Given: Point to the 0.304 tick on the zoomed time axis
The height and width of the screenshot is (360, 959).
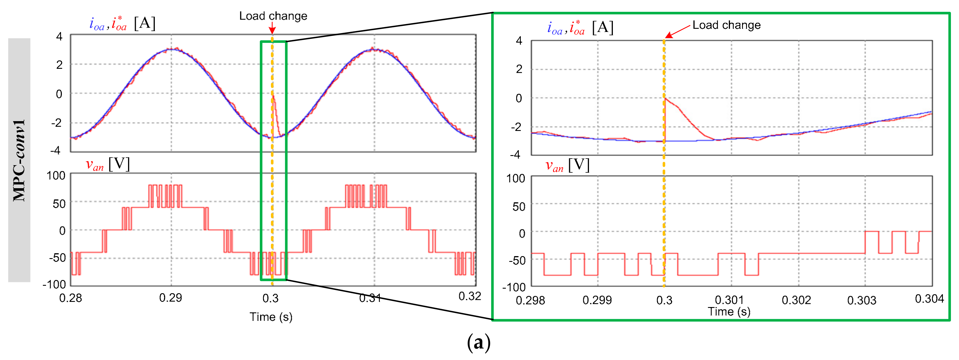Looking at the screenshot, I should pyautogui.click(x=929, y=299).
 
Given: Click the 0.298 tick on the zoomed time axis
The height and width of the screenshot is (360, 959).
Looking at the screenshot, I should pyautogui.click(x=530, y=300).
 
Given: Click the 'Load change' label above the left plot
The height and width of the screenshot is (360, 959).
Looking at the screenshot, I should pyautogui.click(x=273, y=16).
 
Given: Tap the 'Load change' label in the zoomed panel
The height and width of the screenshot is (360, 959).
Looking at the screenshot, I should pyautogui.click(x=726, y=25).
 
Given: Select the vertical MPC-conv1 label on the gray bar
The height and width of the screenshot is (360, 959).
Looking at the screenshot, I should pyautogui.click(x=19, y=160).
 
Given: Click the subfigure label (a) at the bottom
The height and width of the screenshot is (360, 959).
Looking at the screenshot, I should pyautogui.click(x=479, y=342).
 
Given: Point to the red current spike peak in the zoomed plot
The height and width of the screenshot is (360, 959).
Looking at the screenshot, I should pyautogui.click(x=665, y=98).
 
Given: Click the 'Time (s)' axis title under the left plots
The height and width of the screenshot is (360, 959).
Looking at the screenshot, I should pyautogui.click(x=271, y=317).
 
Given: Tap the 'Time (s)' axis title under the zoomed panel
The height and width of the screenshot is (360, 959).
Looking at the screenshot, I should pyautogui.click(x=729, y=312).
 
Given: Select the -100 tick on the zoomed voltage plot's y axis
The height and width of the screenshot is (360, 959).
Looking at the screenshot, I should pyautogui.click(x=514, y=287).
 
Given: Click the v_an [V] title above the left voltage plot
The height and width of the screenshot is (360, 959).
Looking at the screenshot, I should pyautogui.click(x=108, y=164).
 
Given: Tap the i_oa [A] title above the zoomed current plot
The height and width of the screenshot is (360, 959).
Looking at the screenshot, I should pyautogui.click(x=580, y=28).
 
